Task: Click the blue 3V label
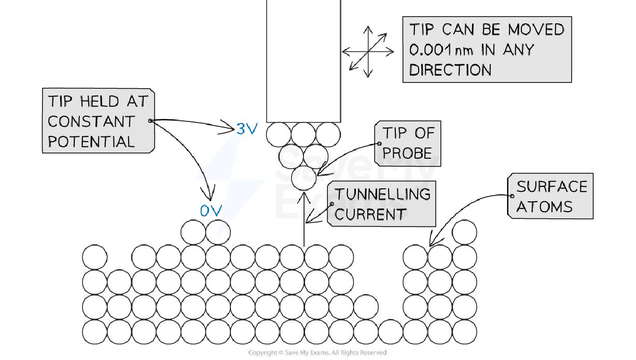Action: pos(246,129)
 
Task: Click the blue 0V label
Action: pos(211,211)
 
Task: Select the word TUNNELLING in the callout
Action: pos(382,194)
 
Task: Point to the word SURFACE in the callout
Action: pos(551,187)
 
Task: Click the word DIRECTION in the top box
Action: pos(450,70)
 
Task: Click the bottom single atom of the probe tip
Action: pos(303,178)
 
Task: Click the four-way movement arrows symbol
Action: pos(368,52)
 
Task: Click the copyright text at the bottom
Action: pos(317,353)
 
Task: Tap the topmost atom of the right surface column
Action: pos(464,232)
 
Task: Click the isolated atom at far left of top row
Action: pos(94,257)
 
